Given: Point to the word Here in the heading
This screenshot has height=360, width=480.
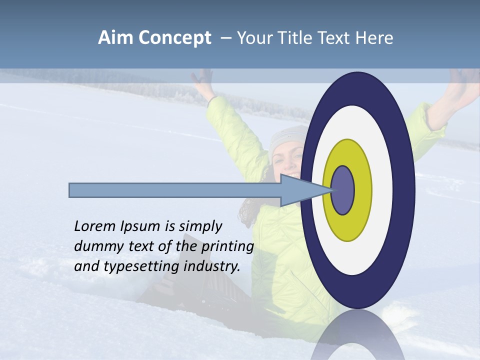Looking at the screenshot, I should [374, 38].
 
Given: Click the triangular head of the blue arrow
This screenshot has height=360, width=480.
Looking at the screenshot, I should [300, 190].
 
